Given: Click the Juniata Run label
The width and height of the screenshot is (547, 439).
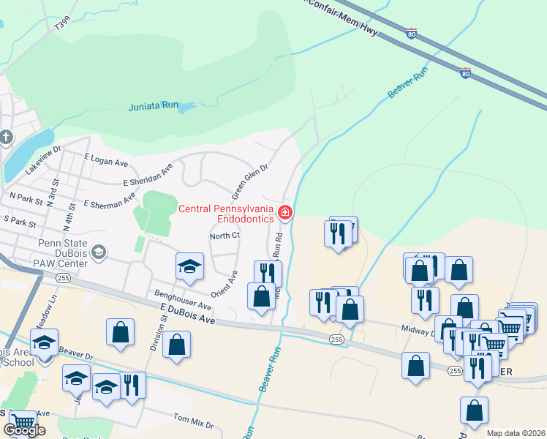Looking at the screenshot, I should coord(154,105).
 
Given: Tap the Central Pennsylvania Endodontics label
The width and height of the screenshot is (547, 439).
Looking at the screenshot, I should coord(227,214).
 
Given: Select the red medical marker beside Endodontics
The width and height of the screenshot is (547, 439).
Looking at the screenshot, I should coord(285,214).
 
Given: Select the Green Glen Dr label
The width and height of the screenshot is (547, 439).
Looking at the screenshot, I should coord(251,181).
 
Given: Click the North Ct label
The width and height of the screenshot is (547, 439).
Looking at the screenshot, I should coord(225,236).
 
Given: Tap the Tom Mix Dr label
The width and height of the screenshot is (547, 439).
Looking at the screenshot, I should coord(193,423).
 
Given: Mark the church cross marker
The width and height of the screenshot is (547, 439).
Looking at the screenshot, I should coord(6,138).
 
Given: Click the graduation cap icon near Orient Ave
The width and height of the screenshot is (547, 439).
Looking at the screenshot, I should coord(189,267).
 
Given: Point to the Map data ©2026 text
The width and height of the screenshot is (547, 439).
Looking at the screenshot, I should coord(516,433).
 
